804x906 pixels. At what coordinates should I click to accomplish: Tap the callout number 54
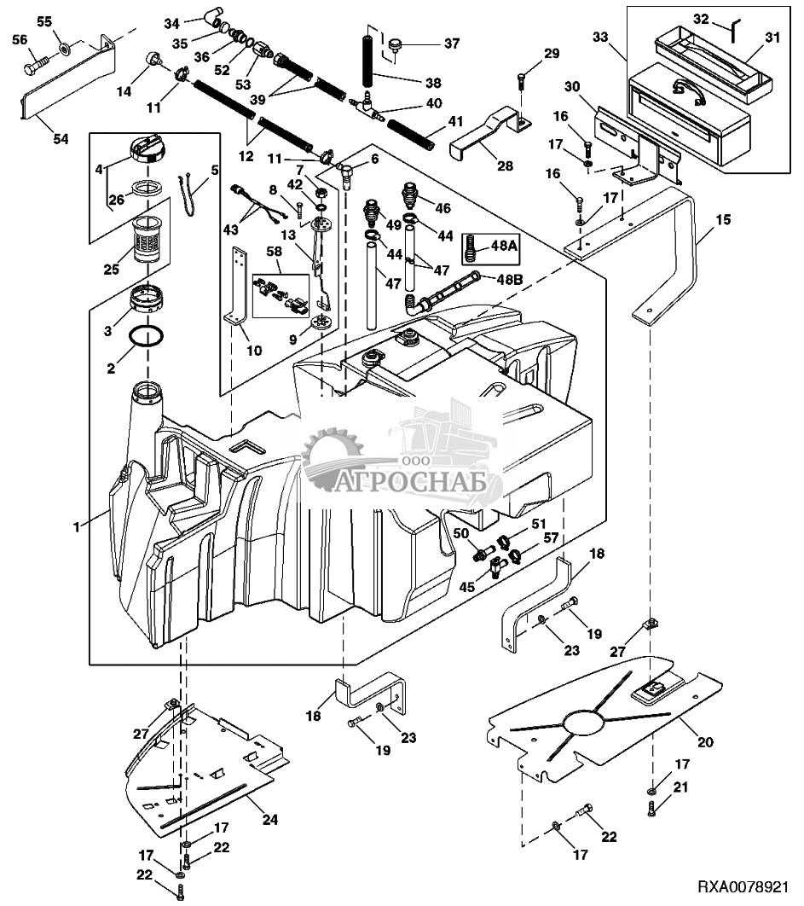(61, 139)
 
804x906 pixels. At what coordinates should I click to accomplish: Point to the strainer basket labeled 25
(149, 239)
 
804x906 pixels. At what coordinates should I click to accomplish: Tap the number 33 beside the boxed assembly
(601, 37)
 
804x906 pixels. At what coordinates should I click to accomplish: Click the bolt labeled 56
(35, 66)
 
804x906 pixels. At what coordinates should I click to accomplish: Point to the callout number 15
(723, 219)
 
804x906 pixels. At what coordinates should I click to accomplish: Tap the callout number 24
(269, 819)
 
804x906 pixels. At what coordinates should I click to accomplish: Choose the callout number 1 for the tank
(76, 527)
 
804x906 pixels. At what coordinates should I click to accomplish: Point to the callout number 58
(274, 252)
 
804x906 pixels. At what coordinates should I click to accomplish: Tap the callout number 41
(456, 121)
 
